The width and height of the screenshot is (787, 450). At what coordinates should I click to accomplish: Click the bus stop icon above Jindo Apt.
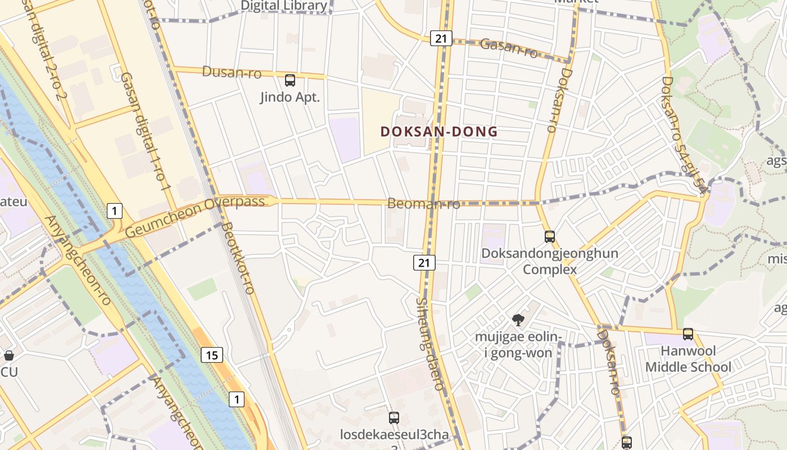[290, 80]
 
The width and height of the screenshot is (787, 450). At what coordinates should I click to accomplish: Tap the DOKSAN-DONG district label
[439, 132]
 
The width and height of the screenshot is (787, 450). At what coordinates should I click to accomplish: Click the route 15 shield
[211, 355]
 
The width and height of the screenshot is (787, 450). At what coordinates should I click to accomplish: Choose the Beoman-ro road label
[423, 203]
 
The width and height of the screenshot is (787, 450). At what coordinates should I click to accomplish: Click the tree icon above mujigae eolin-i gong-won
[518, 320]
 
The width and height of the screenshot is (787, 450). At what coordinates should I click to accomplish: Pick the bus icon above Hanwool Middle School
[688, 334]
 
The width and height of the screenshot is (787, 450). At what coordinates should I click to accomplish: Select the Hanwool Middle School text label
[688, 359]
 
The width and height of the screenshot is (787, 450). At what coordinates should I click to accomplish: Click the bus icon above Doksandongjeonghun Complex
[550, 237]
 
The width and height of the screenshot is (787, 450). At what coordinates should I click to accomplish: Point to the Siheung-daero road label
[430, 343]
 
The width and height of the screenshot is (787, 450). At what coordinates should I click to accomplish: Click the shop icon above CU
[9, 355]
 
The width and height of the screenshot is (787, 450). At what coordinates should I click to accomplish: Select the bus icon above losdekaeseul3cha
[394, 418]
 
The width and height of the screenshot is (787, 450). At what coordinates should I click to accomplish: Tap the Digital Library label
[283, 6]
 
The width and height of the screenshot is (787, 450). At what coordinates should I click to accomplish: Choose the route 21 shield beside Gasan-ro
[441, 38]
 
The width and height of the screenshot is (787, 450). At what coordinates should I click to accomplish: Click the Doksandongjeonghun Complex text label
[549, 261]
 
